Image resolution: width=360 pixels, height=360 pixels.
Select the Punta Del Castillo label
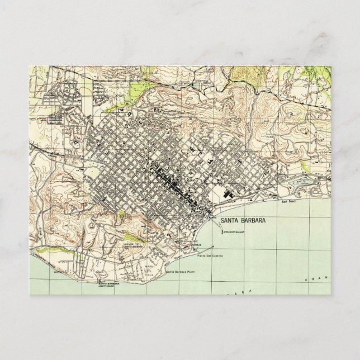coord(210,255)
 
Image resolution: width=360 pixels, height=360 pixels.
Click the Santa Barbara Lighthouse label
coord(110,286)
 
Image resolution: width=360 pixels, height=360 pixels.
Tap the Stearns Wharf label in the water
coord(234,231)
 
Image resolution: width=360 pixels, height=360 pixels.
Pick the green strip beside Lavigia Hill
coord(121,215)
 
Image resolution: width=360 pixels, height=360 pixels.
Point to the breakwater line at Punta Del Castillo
coord(204,246)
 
